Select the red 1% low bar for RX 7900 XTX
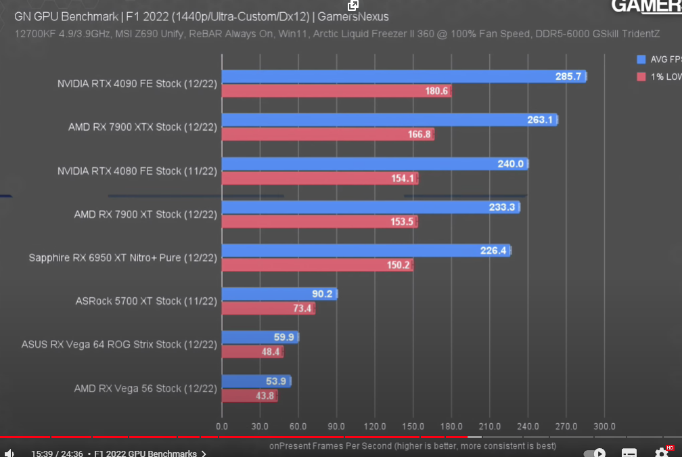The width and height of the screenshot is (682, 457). (x=327, y=134)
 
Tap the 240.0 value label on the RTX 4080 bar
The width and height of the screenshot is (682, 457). (x=511, y=164)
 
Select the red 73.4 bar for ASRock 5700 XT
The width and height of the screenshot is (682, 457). (x=268, y=308)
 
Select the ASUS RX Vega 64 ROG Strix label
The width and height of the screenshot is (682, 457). (x=119, y=345)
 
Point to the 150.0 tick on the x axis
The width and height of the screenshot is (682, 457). (x=413, y=427)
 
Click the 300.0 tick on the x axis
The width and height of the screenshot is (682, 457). (x=604, y=427)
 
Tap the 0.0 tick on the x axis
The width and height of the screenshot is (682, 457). (x=222, y=427)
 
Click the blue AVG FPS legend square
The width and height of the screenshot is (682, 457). (x=641, y=60)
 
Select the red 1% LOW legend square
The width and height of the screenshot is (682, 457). (x=641, y=77)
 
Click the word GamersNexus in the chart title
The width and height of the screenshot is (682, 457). (x=355, y=17)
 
